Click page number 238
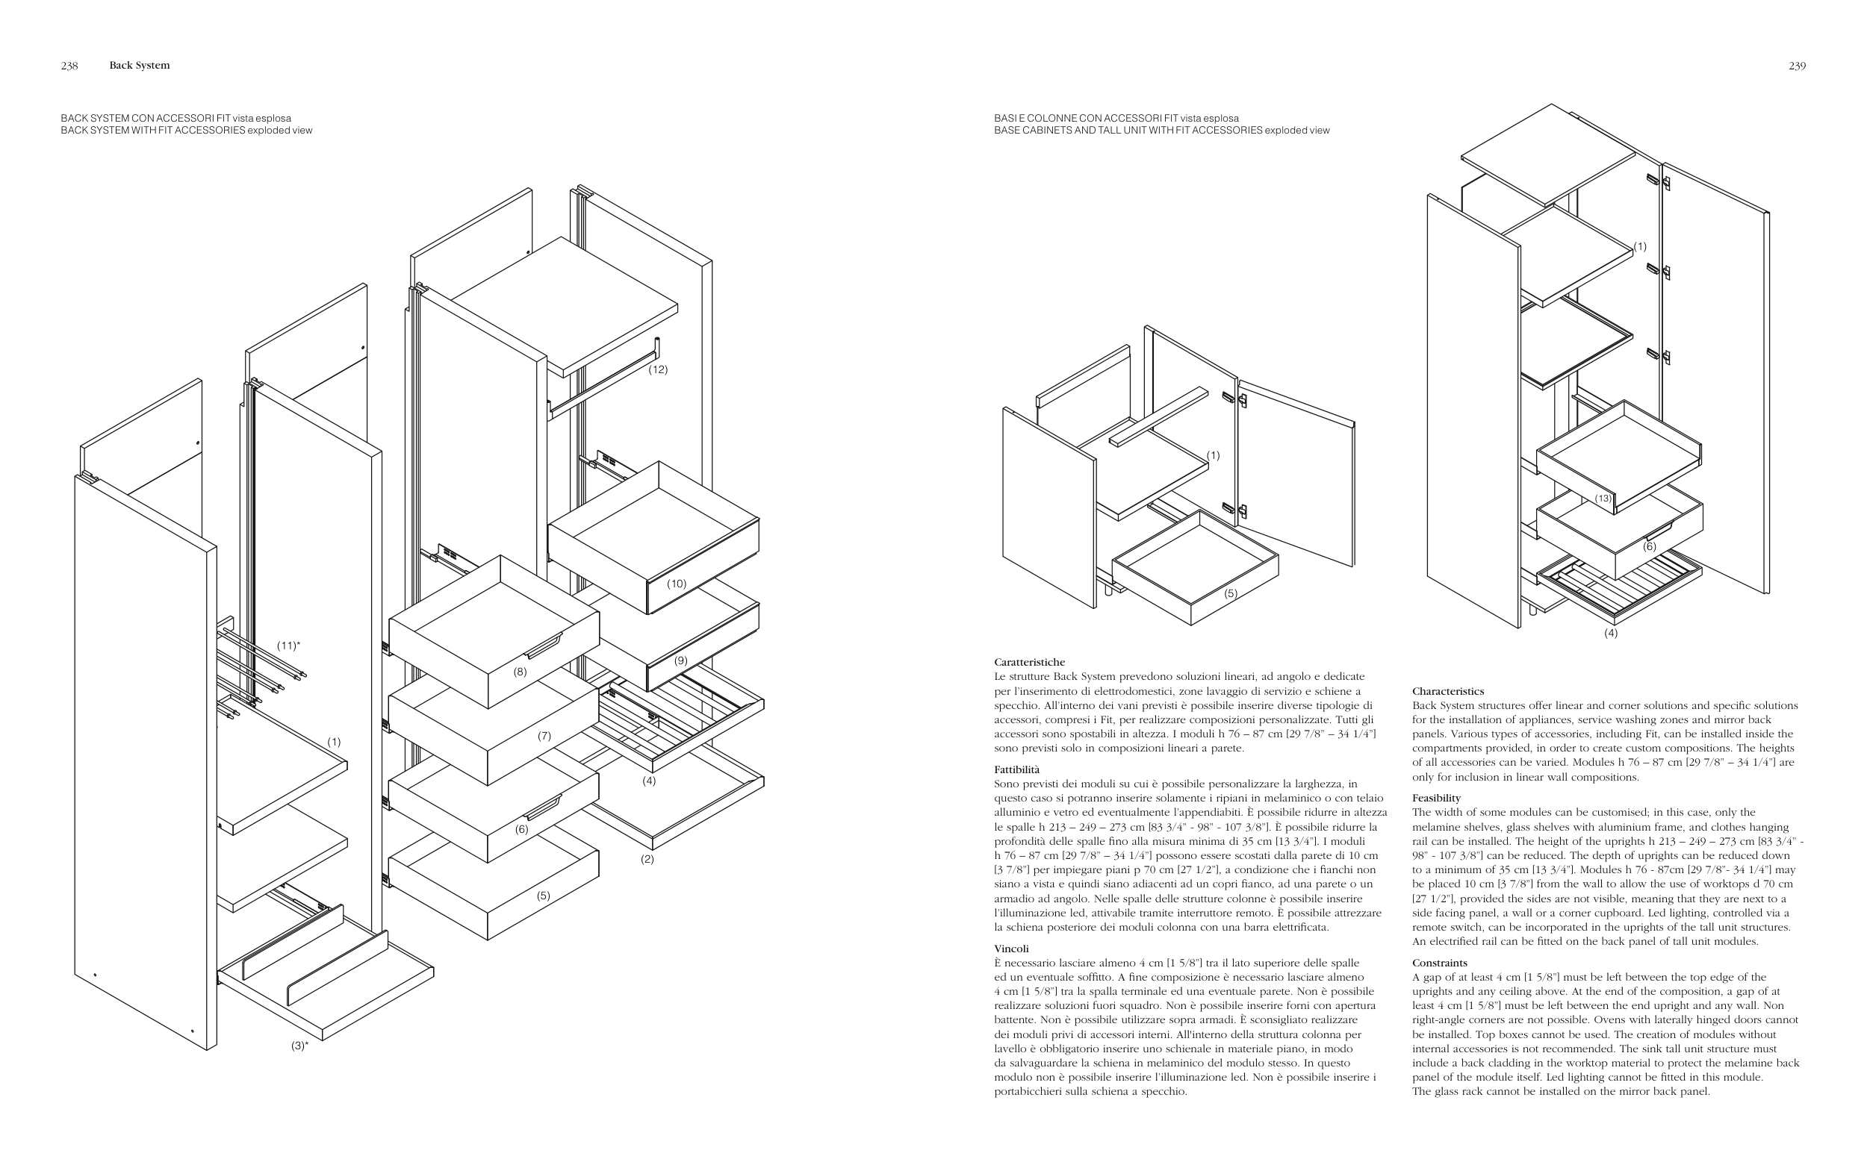pos(69,66)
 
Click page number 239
pos(1797,66)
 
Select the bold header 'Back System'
pos(139,66)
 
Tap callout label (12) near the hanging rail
pos(658,369)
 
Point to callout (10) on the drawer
pos(676,584)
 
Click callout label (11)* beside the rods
pos(288,646)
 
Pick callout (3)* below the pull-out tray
pos(299,1045)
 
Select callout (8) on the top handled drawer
pos(520,672)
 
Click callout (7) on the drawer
pos(544,737)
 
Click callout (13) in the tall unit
pos(1603,499)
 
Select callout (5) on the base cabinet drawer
pos(1231,593)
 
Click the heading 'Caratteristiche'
pos(1030,662)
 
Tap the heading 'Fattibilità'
pos(1016,769)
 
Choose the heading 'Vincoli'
pos(1011,949)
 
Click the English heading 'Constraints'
pos(1439,963)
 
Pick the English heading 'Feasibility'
pos(1436,799)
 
